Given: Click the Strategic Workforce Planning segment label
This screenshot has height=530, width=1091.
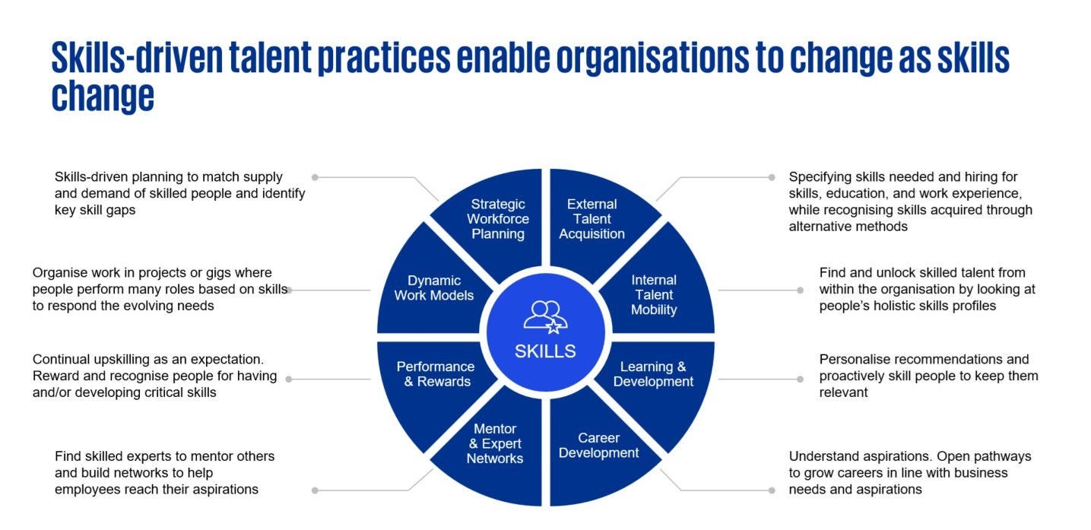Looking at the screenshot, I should tap(497, 219).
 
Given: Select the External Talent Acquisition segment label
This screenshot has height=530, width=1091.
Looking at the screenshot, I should tap(591, 219).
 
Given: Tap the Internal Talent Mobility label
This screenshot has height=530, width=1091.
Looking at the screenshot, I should tap(653, 295).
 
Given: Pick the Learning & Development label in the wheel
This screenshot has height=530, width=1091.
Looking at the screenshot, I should tap(653, 374).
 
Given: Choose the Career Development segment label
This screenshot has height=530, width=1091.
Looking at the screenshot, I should tap(598, 446).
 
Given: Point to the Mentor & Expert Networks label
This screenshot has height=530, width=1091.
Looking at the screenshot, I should tap(494, 444).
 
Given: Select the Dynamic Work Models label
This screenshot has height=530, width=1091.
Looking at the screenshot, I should tap(433, 288).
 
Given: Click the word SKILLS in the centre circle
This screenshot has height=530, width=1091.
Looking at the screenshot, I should tap(545, 351).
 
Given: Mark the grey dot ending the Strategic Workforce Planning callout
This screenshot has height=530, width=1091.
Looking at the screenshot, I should tap(315, 177).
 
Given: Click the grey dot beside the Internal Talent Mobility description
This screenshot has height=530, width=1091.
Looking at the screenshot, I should tap(800, 290).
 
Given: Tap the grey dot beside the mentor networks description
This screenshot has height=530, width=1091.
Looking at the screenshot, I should tap(315, 490).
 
